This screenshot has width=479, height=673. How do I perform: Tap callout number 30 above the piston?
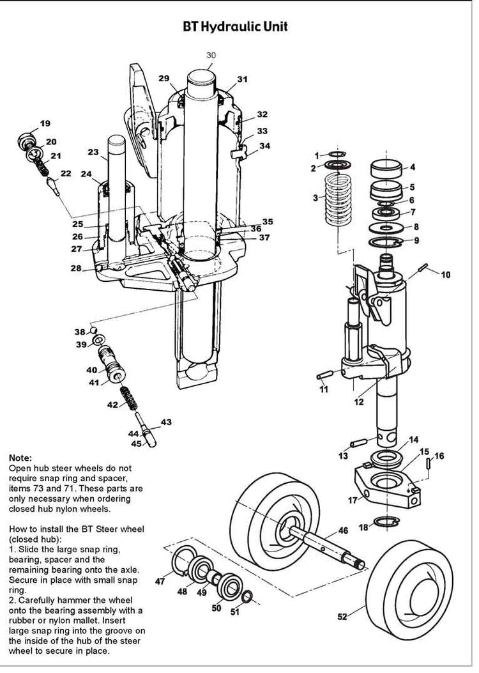(211, 56)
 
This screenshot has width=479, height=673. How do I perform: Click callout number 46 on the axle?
(343, 530)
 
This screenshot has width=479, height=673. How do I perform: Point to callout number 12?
(359, 402)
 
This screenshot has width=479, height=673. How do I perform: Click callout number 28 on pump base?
(76, 268)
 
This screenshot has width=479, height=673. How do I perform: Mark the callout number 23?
(93, 152)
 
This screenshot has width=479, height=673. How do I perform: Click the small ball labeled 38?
(93, 330)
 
